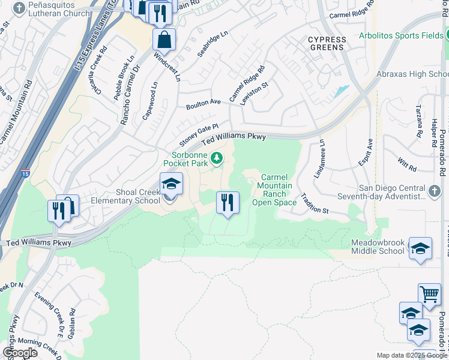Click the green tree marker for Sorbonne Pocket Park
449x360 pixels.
click(217, 158)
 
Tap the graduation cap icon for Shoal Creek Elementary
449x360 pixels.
click(171, 184)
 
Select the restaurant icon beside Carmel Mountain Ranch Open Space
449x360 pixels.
click(228, 203)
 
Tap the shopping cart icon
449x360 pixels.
click(429, 295)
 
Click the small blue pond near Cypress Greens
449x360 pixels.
click(342, 91)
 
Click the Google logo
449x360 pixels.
click(20, 353)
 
